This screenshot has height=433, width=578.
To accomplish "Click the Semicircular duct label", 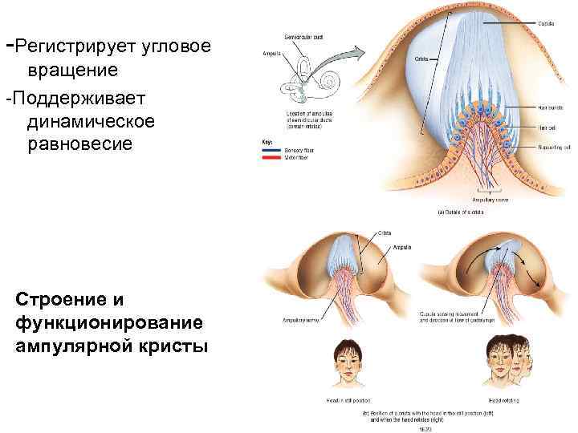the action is tap(303, 38).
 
